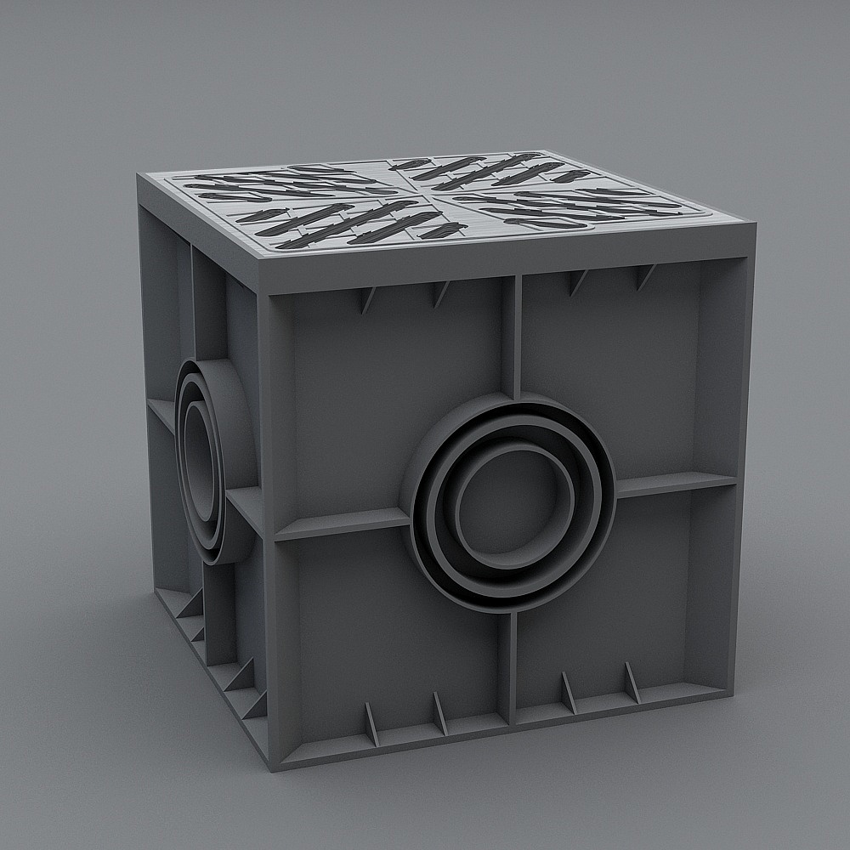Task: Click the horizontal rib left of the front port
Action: point(340,524)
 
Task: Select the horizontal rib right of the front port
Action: point(676,484)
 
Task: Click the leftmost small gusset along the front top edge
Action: point(368,300)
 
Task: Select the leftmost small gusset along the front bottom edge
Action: point(371,723)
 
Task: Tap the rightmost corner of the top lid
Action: point(755,228)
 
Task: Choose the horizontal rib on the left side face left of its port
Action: point(161,414)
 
